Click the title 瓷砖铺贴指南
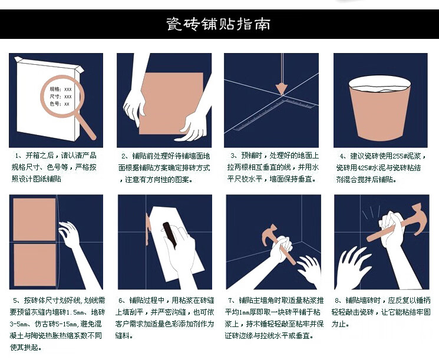pos(219,24)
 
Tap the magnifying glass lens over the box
pos(62,96)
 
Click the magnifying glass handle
pos(85,125)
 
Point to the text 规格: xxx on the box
pos(61,90)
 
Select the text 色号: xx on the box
pos(60,104)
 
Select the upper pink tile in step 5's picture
pos(34,220)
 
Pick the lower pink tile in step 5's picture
pos(35,265)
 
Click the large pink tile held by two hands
pos(171,103)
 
